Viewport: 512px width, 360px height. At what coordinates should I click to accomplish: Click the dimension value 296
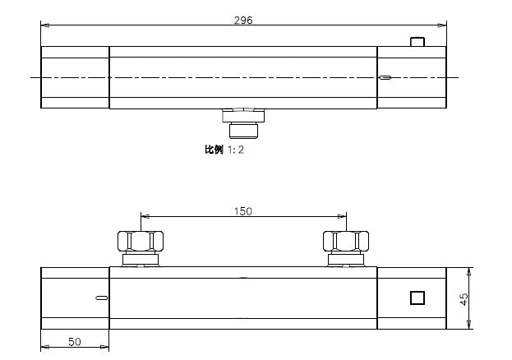[243, 21]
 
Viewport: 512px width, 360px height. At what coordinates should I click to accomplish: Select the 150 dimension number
[243, 211]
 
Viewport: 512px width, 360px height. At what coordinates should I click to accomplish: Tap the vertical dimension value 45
[464, 298]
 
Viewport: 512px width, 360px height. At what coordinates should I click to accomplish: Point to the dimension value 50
[75, 341]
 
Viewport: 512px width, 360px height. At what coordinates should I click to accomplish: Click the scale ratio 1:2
[235, 150]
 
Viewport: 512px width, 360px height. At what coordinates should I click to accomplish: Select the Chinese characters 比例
[214, 150]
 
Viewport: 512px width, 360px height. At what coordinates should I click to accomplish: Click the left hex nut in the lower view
[141, 241]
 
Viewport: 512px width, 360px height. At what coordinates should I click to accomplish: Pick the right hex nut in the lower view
[346, 241]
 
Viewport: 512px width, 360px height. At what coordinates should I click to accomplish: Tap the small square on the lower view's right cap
[417, 298]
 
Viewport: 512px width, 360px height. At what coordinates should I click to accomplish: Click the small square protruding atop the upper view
[417, 42]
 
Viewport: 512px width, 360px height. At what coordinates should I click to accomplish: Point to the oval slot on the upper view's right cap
[385, 78]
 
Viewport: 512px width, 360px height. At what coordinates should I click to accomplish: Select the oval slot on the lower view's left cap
[100, 298]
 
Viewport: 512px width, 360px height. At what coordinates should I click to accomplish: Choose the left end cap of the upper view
[75, 77]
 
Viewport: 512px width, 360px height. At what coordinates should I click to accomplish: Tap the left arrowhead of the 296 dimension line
[44, 25]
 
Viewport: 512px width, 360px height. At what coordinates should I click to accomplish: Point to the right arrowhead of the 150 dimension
[343, 216]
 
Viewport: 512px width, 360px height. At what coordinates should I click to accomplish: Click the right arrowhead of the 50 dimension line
[105, 347]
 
